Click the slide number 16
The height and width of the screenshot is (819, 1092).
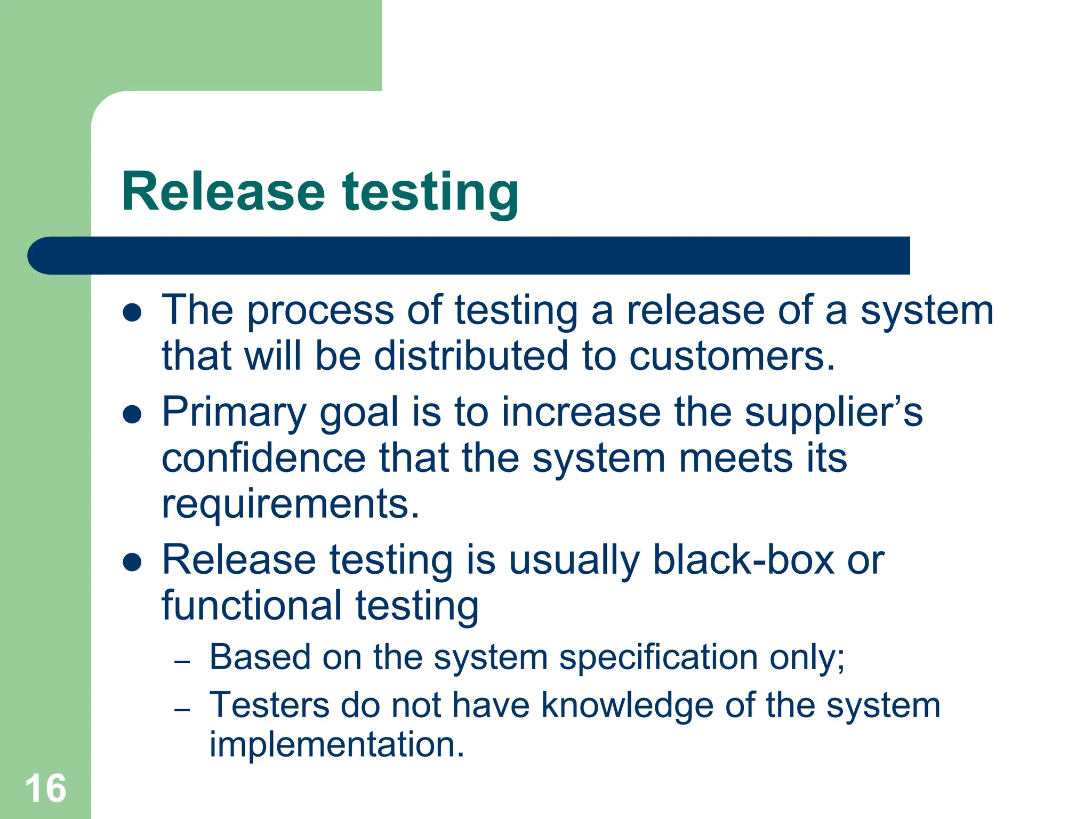(x=45, y=788)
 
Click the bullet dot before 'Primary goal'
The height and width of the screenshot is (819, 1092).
(x=132, y=414)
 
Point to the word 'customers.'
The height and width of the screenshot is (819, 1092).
(x=732, y=356)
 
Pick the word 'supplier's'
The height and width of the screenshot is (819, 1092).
(x=833, y=412)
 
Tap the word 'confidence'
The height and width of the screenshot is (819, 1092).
(x=263, y=458)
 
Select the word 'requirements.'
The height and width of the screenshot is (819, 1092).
(x=291, y=504)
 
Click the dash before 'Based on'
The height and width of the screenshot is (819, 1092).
(x=182, y=662)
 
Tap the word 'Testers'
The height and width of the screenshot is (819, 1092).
(x=269, y=705)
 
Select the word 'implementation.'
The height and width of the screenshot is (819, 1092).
(x=336, y=744)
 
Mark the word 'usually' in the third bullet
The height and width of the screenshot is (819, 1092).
(x=574, y=561)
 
